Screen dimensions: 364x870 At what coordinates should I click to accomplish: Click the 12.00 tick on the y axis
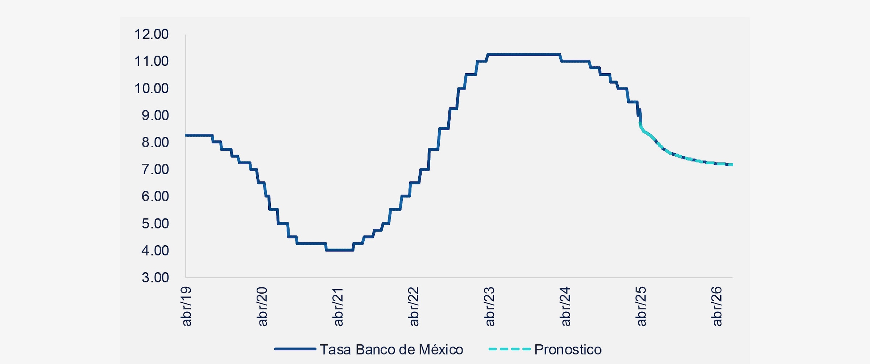click(x=152, y=34)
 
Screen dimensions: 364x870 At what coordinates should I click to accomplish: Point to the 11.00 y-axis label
click(x=152, y=61)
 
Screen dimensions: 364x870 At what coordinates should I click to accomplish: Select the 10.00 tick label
click(x=152, y=88)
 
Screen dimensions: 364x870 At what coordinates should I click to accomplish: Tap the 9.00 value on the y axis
click(x=155, y=115)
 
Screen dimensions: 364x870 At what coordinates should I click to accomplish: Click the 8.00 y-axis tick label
click(x=155, y=142)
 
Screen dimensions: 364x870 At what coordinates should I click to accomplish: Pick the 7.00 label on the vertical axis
click(x=155, y=169)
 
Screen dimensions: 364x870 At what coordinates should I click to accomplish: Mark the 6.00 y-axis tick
click(x=155, y=196)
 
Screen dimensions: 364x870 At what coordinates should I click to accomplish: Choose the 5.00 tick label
click(x=155, y=224)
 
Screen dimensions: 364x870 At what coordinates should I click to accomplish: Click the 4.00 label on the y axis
click(x=155, y=250)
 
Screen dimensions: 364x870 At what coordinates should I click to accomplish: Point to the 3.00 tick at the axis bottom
click(x=155, y=278)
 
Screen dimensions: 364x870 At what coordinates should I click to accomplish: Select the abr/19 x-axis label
click(x=186, y=306)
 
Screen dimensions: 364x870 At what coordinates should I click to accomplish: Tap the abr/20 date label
click(x=262, y=306)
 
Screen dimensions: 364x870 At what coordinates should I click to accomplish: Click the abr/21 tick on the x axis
click(x=338, y=306)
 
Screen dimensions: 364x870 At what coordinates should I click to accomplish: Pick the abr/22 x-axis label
click(x=414, y=306)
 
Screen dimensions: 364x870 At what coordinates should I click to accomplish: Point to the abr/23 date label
click(x=490, y=306)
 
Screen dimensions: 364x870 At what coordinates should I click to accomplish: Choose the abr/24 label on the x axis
click(x=565, y=306)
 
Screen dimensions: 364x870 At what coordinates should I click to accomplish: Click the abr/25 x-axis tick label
click(x=641, y=306)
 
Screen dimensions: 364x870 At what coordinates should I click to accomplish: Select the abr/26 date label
click(x=717, y=306)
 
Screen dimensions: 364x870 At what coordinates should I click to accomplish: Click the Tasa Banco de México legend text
click(x=391, y=349)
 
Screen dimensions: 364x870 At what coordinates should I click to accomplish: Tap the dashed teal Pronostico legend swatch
click(x=509, y=349)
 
